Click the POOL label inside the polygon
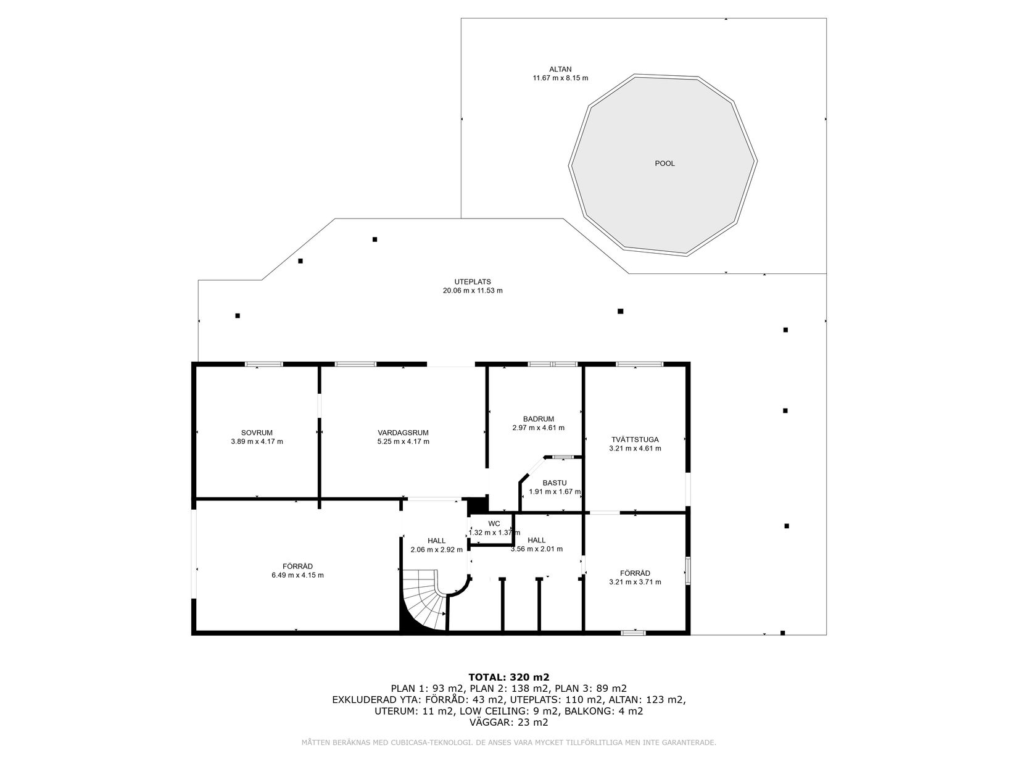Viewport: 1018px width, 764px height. click(x=664, y=164)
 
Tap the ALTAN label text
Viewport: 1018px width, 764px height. click(x=560, y=69)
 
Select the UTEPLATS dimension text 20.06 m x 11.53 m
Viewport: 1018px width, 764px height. click(x=473, y=290)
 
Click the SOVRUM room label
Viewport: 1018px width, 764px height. click(x=257, y=433)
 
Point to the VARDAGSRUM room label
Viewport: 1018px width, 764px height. click(x=403, y=433)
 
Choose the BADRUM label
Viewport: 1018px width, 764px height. click(x=538, y=418)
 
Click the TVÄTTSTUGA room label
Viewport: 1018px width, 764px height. click(x=635, y=439)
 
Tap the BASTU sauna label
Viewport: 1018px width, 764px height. click(x=555, y=483)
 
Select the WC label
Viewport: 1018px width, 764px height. click(x=494, y=523)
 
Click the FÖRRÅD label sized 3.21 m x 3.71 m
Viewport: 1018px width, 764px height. click(x=635, y=573)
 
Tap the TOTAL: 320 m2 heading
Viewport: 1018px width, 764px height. click(x=509, y=676)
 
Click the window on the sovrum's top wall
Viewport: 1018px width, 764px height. click(x=263, y=365)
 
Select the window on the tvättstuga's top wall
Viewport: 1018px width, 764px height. click(x=639, y=365)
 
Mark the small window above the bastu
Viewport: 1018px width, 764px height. click(x=561, y=457)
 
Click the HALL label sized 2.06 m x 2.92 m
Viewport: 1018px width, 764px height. click(x=436, y=541)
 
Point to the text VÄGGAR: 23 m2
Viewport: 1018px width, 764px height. click(x=509, y=722)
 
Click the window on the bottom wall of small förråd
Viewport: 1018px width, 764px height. click(x=633, y=632)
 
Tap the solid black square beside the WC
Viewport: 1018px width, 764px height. click(x=476, y=504)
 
